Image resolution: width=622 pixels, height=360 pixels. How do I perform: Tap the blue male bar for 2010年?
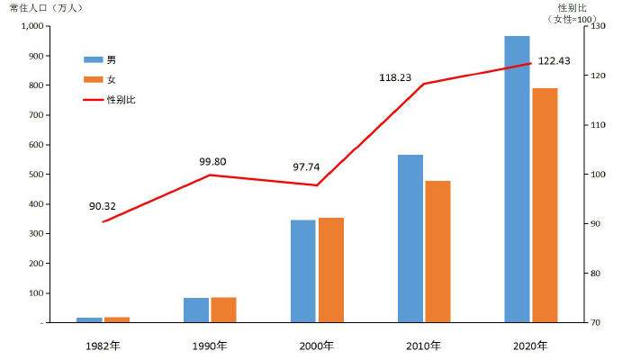tap(410, 238)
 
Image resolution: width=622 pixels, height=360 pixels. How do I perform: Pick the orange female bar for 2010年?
tap(437, 251)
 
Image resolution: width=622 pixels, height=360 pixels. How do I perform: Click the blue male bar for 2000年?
tap(303, 271)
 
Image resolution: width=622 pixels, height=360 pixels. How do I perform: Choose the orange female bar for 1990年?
tap(223, 310)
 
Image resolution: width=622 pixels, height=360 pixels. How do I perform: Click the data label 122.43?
tap(554, 61)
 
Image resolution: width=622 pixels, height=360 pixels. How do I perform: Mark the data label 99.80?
tap(212, 162)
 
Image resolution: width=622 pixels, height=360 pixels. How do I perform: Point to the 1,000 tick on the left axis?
tap(31, 26)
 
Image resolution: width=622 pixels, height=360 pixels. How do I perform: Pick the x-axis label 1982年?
tap(104, 346)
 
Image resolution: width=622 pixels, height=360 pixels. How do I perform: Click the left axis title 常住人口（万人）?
tap(46, 8)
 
